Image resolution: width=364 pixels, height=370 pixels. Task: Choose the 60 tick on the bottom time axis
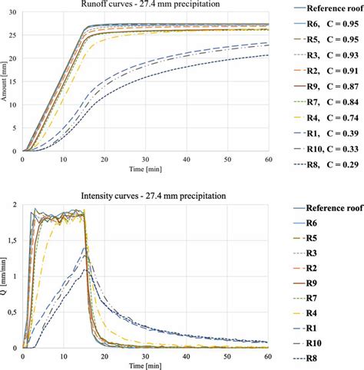click(x=267, y=355)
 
